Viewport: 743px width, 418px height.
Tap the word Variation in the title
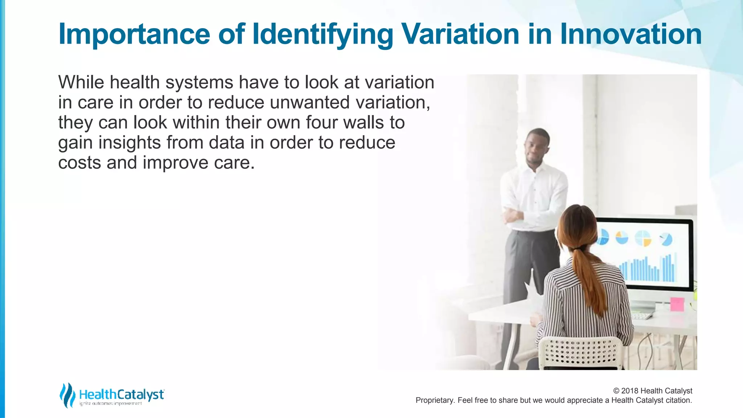461,34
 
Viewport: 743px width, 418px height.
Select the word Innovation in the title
631,34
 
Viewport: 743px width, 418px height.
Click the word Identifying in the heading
322,34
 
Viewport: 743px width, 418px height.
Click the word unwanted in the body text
309,102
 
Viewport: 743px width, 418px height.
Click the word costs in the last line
79,163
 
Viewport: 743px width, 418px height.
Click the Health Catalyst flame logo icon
67,395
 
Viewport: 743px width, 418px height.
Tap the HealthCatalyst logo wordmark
122,394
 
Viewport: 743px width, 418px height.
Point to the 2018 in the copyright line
630,391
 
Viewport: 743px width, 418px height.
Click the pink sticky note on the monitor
677,304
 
